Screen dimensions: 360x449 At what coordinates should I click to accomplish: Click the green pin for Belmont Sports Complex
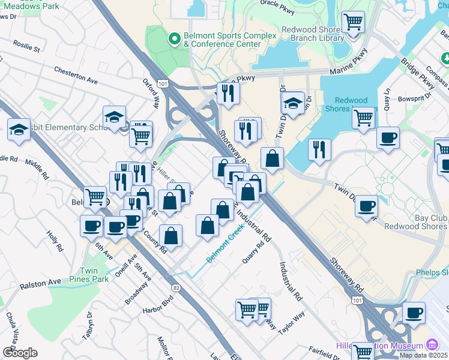[175, 40]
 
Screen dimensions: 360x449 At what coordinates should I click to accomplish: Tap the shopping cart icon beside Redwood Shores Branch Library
[353, 23]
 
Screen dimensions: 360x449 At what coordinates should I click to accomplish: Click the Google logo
[19, 353]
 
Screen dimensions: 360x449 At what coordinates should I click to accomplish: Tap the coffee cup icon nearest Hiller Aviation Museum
[413, 313]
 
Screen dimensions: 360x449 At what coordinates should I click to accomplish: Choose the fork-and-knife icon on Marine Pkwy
[228, 93]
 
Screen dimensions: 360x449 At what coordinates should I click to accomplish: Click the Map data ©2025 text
[423, 355]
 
